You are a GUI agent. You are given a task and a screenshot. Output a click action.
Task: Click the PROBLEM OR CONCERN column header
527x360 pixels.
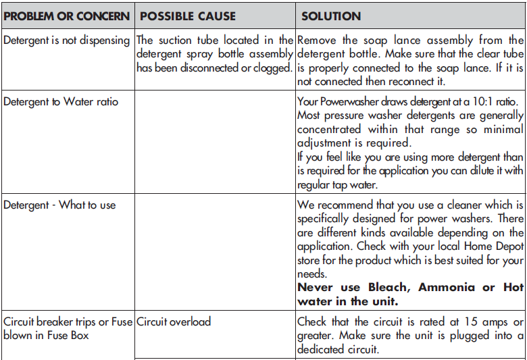point(66,16)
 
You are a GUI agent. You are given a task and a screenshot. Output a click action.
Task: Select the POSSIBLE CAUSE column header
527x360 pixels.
point(187,16)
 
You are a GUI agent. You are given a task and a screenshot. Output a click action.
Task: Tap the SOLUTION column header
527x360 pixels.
point(331,16)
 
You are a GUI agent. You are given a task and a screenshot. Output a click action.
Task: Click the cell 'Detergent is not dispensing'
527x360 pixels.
point(66,41)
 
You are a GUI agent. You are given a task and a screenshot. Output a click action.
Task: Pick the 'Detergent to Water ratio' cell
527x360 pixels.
point(61,102)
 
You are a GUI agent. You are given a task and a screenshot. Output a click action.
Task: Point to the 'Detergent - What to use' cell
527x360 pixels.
point(59,205)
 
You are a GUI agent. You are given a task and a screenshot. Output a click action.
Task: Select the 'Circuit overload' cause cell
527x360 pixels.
point(174,322)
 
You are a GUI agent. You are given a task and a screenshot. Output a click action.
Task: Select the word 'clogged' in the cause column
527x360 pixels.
point(272,68)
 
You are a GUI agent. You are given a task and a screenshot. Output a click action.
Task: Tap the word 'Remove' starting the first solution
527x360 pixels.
point(316,41)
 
